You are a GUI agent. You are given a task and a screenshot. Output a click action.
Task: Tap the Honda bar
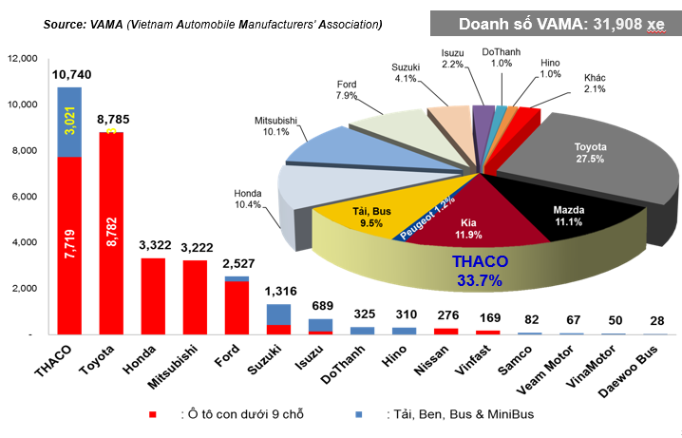[x=153, y=295]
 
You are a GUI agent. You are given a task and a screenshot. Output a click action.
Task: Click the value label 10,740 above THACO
[x=69, y=74]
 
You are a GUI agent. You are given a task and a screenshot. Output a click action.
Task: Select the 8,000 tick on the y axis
[x=22, y=150]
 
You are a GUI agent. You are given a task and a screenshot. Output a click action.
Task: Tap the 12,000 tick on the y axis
[x=20, y=59]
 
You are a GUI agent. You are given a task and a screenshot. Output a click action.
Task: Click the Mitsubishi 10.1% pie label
[x=276, y=126]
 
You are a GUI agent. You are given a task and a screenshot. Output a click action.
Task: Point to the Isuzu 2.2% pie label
[x=453, y=58]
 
